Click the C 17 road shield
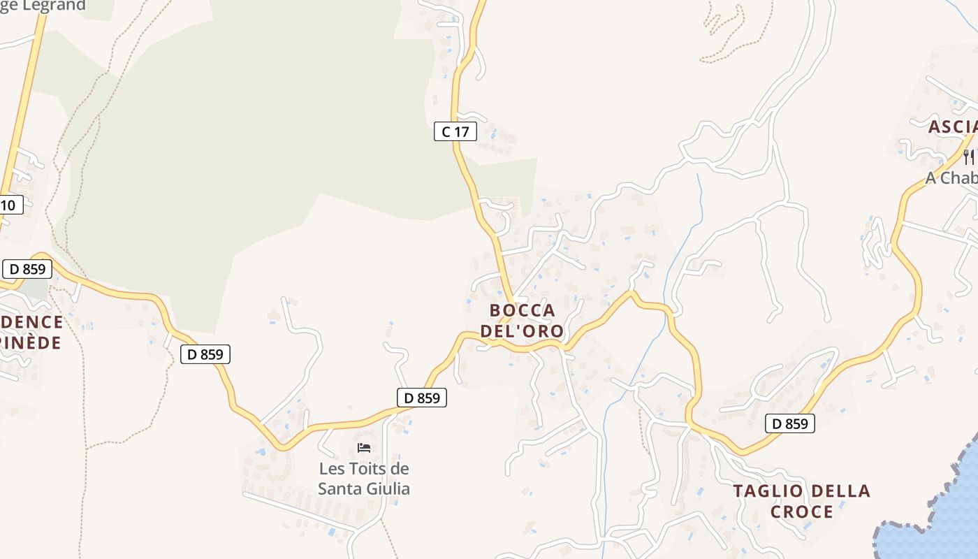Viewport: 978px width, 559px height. pos(455,131)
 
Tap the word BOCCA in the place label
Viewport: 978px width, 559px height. pos(523,310)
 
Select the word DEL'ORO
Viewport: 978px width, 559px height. pos(523,331)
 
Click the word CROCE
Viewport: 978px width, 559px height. pos(802,512)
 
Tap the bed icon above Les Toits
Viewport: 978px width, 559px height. pos(363,448)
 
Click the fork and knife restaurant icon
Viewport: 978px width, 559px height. pos(968,157)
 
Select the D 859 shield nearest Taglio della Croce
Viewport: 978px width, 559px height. pos(790,423)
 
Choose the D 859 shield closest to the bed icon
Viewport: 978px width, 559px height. pos(422,398)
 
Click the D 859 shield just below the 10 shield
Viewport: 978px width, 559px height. pos(27,269)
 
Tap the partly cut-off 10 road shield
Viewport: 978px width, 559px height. pos(10,205)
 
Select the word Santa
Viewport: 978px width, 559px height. pos(339,488)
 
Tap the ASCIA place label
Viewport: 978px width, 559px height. pos(952,127)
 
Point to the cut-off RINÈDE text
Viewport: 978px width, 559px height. pos(31,343)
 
